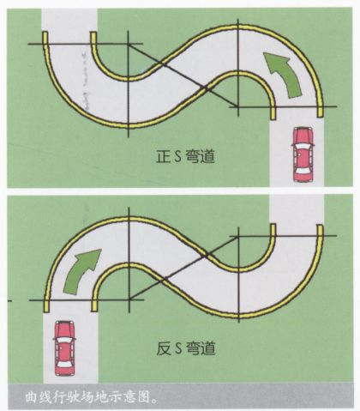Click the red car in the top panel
tap(303, 154)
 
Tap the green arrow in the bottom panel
tap(81, 271)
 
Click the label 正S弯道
tap(185, 157)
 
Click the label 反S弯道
tap(185, 348)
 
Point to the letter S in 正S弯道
tap(177, 157)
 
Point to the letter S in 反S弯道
tap(177, 348)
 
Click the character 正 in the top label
tap(163, 157)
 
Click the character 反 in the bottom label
tap(163, 348)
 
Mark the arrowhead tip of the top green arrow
tap(263, 52)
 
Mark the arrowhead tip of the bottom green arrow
tap(101, 250)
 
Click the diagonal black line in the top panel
tap(183, 76)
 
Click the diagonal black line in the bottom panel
tap(184, 268)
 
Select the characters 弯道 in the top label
tap(200, 157)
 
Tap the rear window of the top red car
tap(303, 172)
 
